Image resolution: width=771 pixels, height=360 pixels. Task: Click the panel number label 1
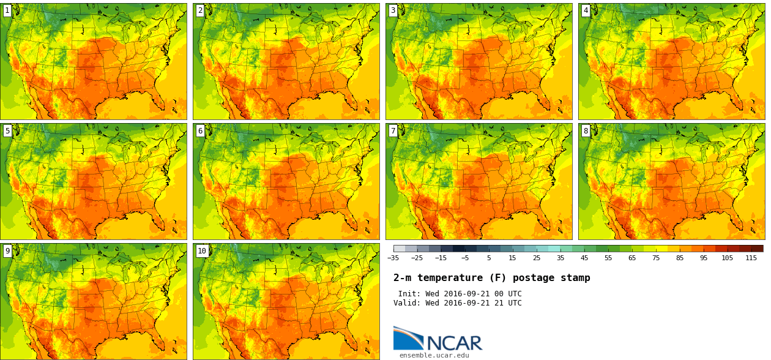7,10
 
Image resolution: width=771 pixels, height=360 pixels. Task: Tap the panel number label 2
200,10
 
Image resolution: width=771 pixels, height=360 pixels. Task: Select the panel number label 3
393,10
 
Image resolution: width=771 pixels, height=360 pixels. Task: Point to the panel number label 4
586,10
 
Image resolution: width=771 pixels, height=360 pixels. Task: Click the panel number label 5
7,130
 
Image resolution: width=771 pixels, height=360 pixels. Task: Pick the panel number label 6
200,130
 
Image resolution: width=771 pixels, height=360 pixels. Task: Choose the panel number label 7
393,130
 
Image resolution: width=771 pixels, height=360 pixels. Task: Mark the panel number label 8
586,130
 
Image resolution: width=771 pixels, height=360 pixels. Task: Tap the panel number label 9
7,250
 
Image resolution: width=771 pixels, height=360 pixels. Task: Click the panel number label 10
202,250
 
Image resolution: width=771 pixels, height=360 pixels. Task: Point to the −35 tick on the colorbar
393,258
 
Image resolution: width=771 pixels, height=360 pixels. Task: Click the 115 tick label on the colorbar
751,258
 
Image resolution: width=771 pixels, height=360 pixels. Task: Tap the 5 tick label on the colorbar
488,258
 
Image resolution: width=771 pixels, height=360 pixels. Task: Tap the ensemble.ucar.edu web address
434,355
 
